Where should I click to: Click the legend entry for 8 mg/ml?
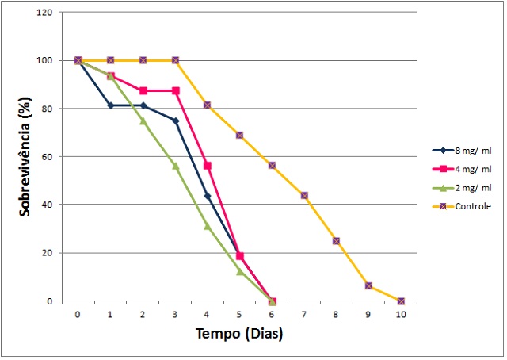click(x=471, y=150)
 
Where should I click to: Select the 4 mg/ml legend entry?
click(x=471, y=169)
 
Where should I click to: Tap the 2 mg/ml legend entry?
click(x=471, y=187)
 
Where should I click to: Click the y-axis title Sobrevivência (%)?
click(x=25, y=157)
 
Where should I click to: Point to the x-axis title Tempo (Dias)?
click(x=239, y=334)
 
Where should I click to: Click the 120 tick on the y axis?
click(x=48, y=13)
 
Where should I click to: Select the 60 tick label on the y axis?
click(x=50, y=157)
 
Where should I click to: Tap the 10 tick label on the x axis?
click(x=401, y=314)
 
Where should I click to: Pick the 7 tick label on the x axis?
click(x=304, y=314)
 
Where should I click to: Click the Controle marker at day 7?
click(x=304, y=195)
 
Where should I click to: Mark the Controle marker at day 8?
click(x=337, y=240)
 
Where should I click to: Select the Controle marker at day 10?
click(x=401, y=301)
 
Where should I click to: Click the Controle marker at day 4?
click(x=208, y=105)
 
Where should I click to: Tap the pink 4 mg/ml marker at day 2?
click(x=143, y=90)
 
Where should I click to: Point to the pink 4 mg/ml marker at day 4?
click(x=208, y=166)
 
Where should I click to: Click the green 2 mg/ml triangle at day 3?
click(x=175, y=166)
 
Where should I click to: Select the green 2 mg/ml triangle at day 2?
click(x=143, y=121)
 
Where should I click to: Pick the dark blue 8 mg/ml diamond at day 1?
click(x=110, y=105)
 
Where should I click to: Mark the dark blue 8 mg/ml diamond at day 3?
click(x=175, y=121)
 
